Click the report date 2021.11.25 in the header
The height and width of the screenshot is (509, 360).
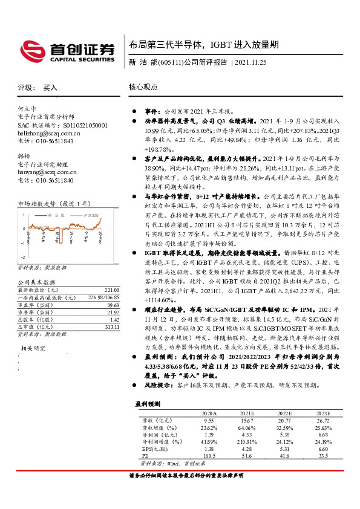click(x=260, y=62)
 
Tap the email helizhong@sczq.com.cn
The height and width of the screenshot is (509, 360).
click(x=49, y=132)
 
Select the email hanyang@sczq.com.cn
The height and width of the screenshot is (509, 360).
click(x=48, y=172)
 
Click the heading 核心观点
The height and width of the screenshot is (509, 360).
click(x=143, y=87)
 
